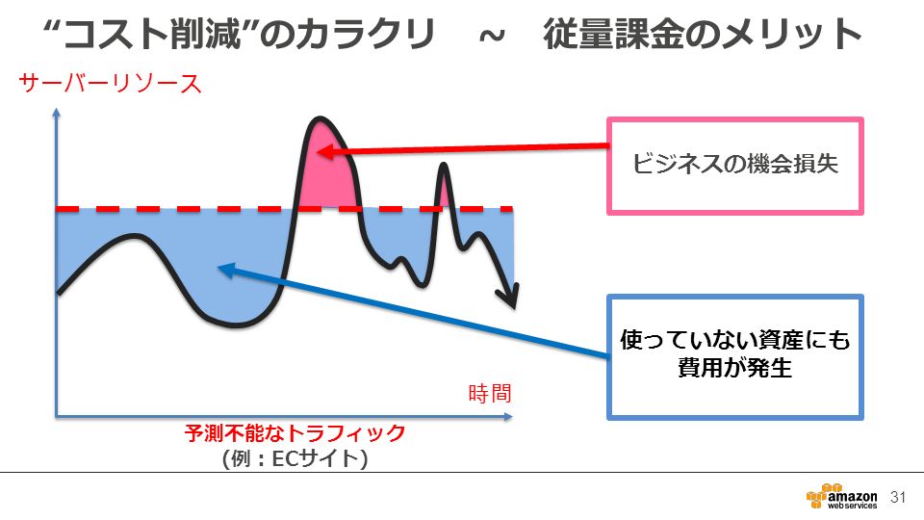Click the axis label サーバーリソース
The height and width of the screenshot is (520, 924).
[110, 83]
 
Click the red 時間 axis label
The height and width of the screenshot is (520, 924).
[490, 393]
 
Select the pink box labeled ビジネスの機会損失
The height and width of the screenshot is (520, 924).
[734, 166]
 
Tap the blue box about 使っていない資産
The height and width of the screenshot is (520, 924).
[734, 356]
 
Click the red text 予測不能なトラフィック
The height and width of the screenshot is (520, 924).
[295, 433]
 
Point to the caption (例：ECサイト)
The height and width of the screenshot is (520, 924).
[295, 458]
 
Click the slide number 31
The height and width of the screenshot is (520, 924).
[898, 497]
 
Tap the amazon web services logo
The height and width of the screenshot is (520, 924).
[841, 497]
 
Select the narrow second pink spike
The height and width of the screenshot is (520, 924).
[444, 188]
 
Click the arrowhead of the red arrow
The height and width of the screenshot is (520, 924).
[324, 151]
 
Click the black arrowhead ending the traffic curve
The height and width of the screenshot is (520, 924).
[509, 296]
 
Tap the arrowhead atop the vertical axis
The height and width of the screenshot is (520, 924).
[57, 113]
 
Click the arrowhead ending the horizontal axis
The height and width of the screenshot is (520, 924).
[508, 417]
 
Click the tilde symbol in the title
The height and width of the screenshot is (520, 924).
[492, 37]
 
